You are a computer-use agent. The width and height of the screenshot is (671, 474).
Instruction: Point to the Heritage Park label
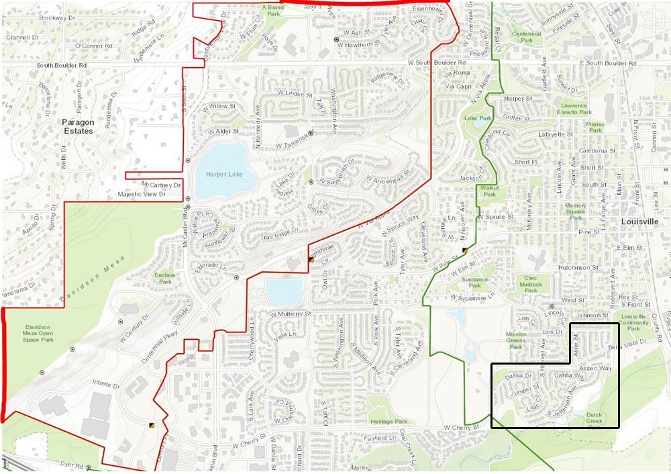tap(388, 422)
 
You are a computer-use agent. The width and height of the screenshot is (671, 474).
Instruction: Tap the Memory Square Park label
tap(575, 211)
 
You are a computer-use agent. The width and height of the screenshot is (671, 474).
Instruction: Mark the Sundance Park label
tap(474, 282)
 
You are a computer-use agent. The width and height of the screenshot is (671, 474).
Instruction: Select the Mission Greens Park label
tap(515, 340)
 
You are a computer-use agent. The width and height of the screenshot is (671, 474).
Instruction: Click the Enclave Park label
tap(165, 278)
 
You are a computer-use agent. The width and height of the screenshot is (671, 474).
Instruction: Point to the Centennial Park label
tap(527, 37)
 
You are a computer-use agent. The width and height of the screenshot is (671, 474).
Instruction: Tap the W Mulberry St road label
tap(291, 314)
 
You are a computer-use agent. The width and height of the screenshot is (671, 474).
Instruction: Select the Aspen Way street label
tap(595, 369)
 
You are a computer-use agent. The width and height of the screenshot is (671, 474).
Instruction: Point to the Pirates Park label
tap(595, 127)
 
